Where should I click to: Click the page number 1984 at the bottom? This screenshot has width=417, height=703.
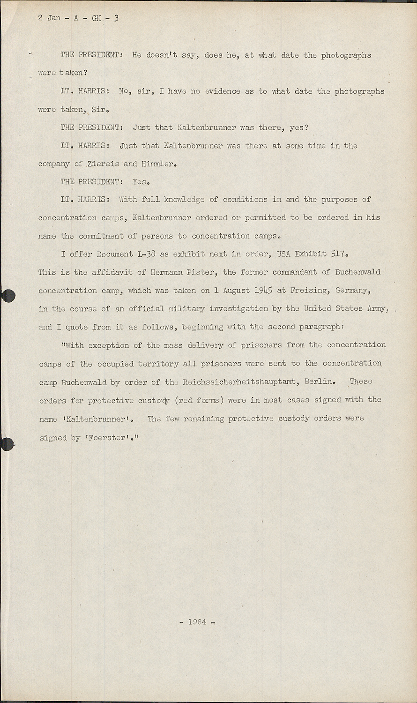(x=197, y=622)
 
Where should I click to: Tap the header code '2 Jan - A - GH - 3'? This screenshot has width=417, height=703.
(x=78, y=18)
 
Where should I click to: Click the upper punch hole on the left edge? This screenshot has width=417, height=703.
(x=8, y=296)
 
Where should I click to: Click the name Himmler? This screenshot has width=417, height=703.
(x=159, y=164)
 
